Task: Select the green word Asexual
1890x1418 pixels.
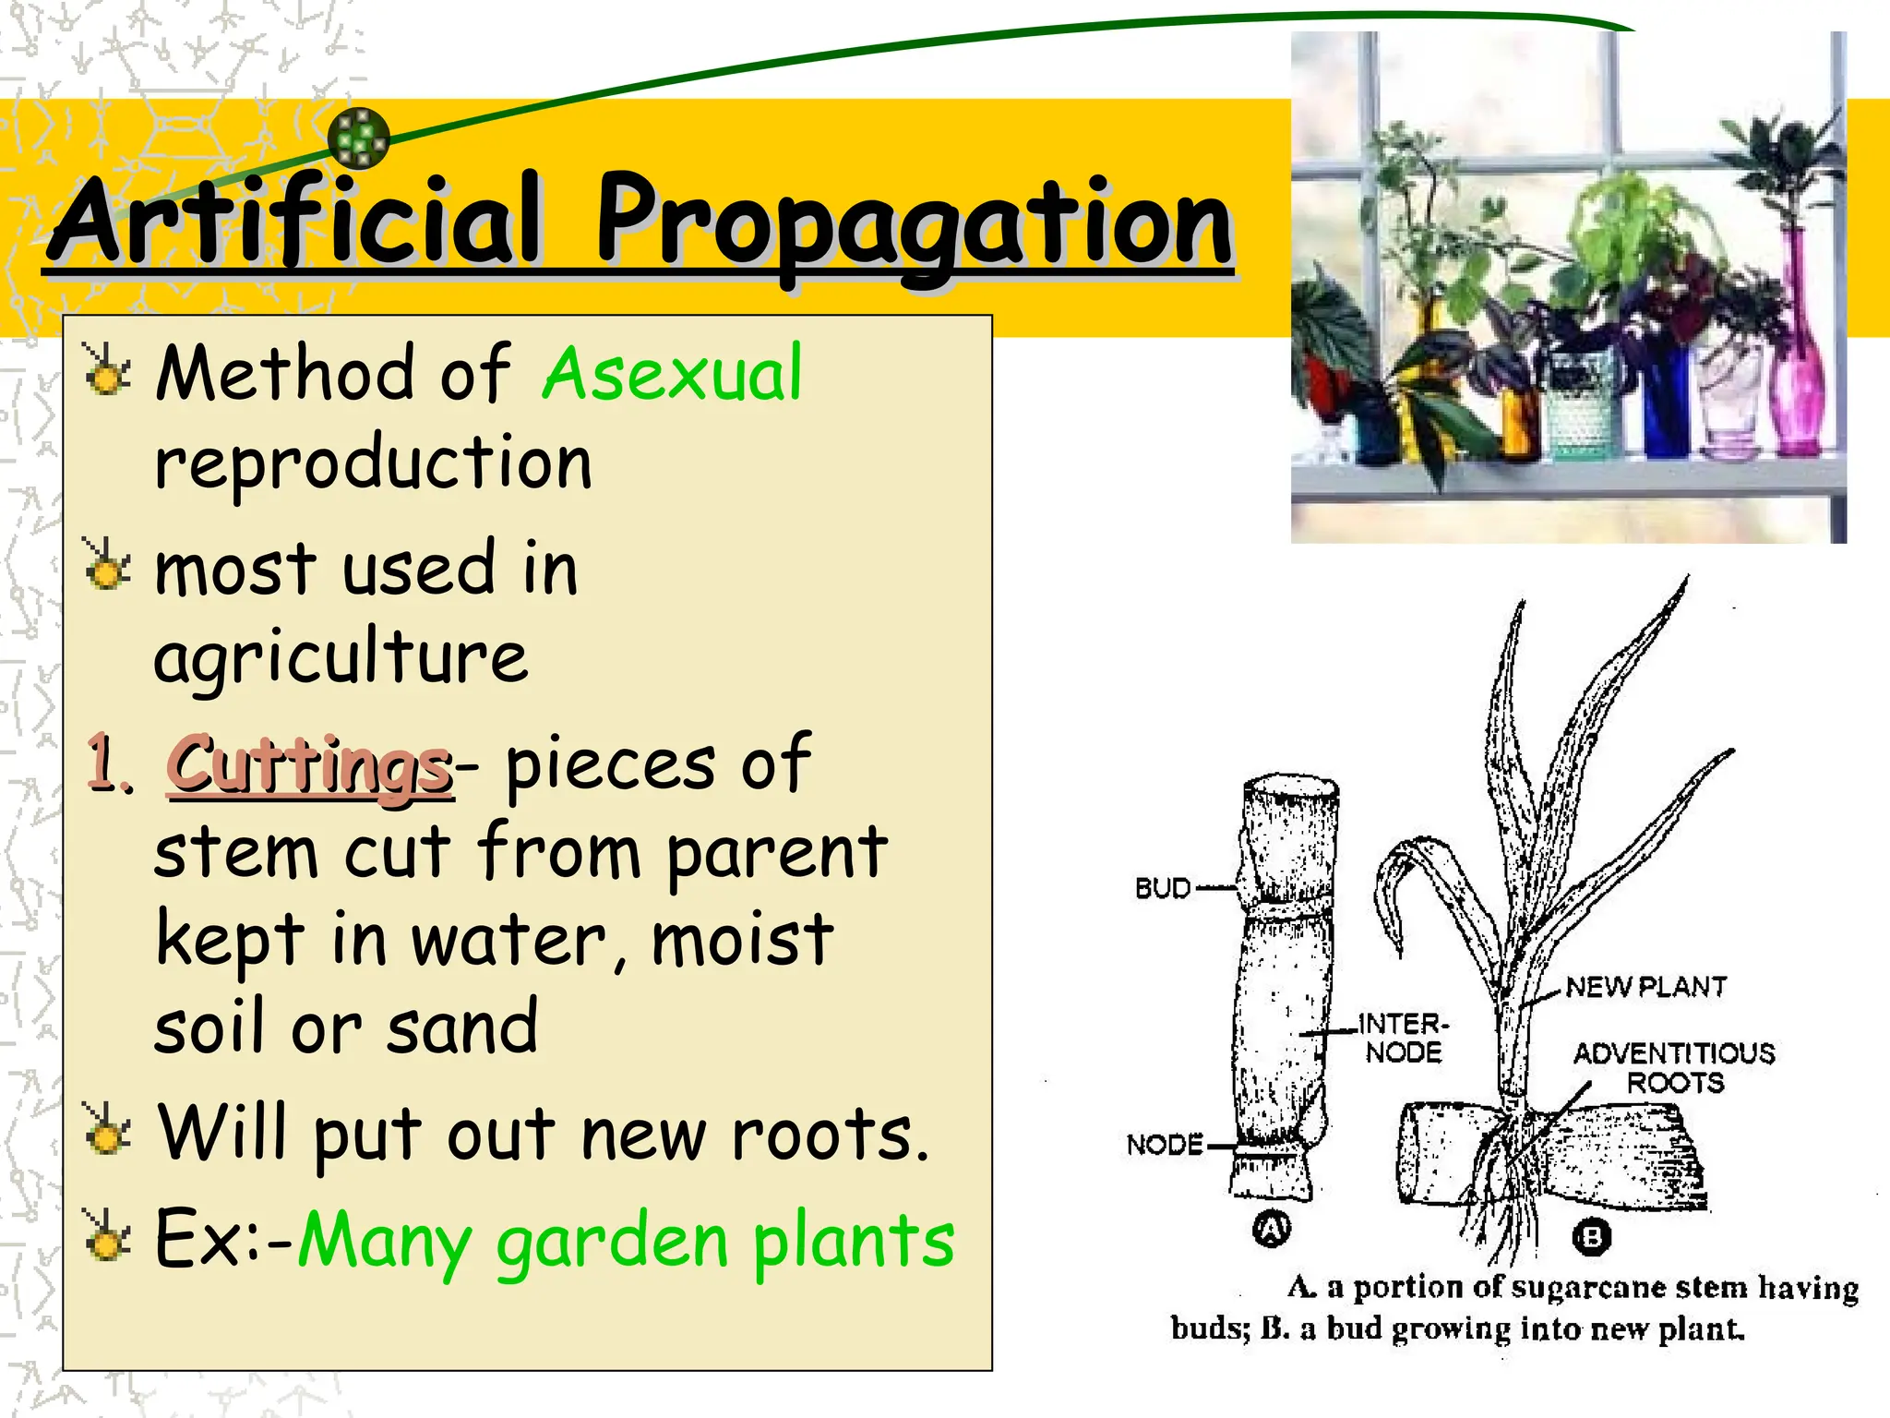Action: tap(672, 374)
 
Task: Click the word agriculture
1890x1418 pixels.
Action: tap(341, 658)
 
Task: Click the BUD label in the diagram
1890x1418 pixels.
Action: tap(1162, 888)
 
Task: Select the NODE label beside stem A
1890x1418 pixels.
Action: tap(1165, 1145)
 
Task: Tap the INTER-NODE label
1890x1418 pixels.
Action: tap(1403, 1038)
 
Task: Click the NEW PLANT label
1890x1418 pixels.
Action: tap(1645, 987)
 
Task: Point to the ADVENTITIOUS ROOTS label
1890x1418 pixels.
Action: tap(1673, 1067)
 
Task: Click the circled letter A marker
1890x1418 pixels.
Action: tap(1272, 1229)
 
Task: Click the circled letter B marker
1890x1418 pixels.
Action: tap(1591, 1236)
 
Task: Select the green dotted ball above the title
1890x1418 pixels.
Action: tap(359, 138)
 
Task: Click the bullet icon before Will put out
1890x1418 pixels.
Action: tap(108, 1131)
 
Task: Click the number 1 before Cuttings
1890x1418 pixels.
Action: tap(109, 764)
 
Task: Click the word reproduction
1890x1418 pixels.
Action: tap(373, 464)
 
